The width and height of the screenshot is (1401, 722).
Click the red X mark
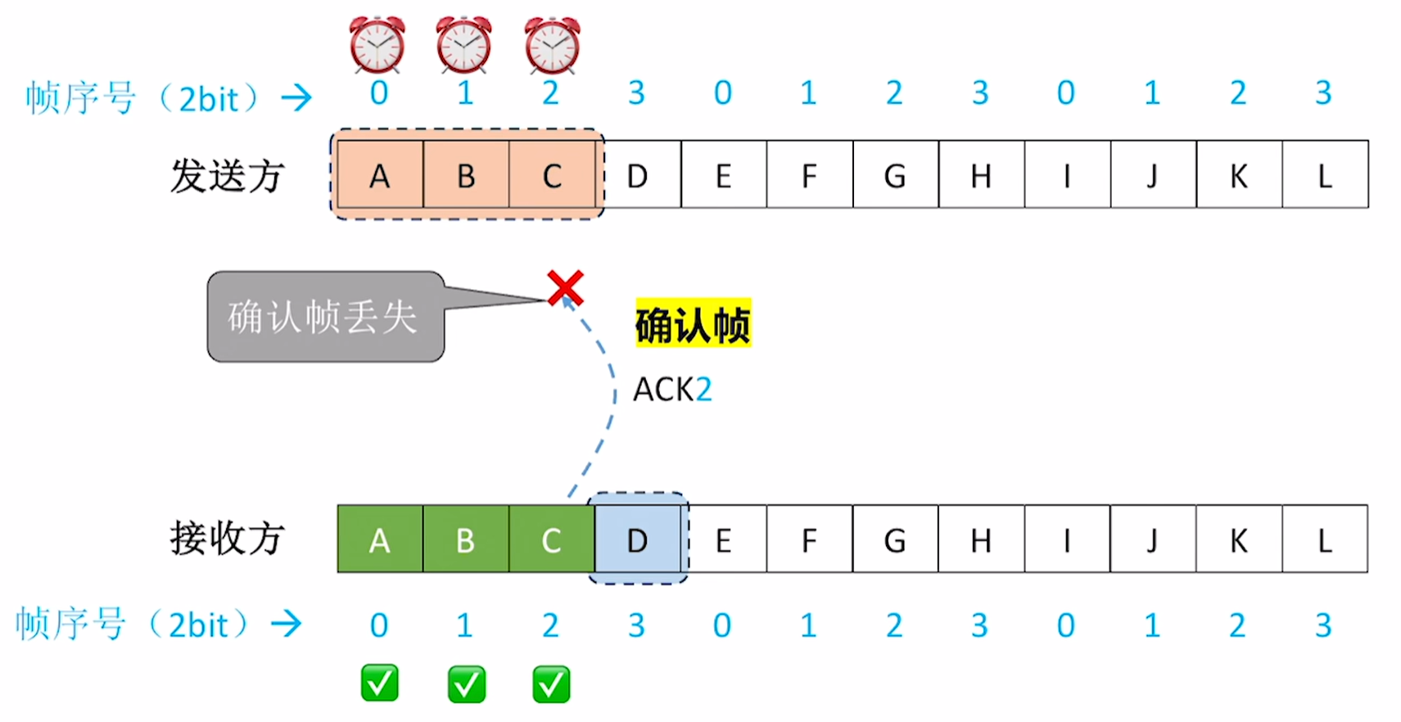click(566, 288)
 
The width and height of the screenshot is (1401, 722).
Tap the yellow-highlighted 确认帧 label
click(693, 324)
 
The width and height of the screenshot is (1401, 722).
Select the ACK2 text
click(672, 390)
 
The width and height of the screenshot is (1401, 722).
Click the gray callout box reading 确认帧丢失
click(326, 316)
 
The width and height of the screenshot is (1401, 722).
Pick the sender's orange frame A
click(380, 174)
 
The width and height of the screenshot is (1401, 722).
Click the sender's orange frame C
click(552, 174)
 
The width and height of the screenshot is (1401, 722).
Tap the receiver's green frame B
click(466, 539)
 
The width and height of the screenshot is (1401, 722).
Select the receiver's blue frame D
click(637, 539)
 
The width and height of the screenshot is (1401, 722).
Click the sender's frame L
click(1326, 174)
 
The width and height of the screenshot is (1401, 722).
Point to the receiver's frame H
click(981, 539)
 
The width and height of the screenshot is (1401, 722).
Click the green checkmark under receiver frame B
click(467, 684)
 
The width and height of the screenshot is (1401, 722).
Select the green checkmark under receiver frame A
click(380, 684)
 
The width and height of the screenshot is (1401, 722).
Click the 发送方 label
click(228, 176)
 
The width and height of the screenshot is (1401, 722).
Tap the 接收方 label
click(228, 538)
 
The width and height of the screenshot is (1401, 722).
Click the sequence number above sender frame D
click(637, 93)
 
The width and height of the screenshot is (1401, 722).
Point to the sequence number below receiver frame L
click(1323, 625)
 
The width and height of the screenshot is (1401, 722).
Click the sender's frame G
click(896, 174)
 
